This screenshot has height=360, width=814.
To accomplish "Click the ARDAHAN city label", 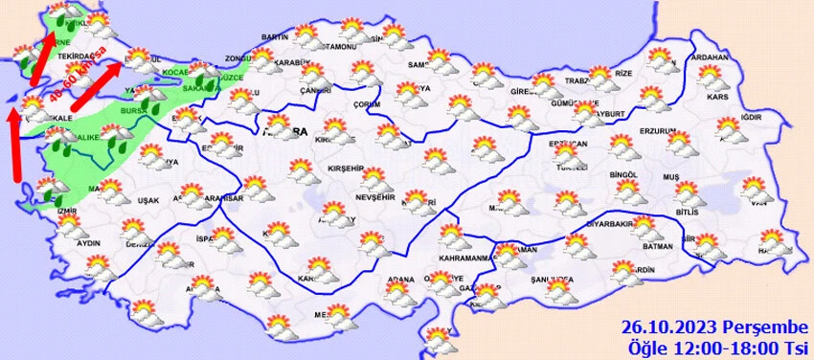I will pyautogui.click(x=710, y=57).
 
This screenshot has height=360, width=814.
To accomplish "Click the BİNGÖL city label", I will pyautogui.click(x=622, y=176).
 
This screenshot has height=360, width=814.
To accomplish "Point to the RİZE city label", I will pyautogui.click(x=623, y=73).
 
